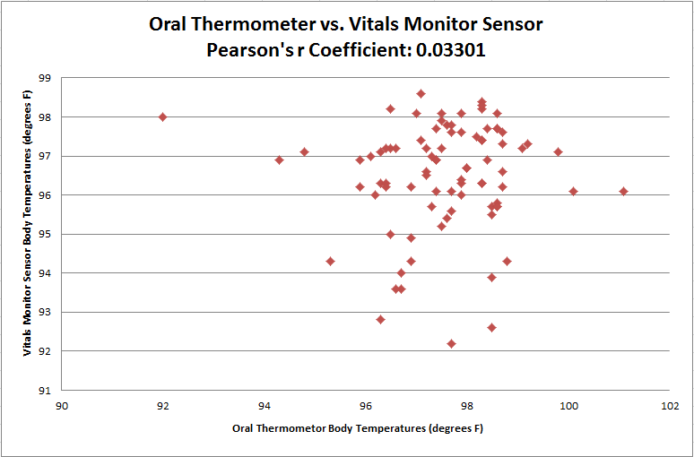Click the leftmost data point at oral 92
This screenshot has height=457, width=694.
click(162, 116)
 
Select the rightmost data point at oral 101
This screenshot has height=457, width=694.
click(623, 191)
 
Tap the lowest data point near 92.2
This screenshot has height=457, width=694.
click(451, 343)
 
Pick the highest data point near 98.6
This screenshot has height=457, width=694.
click(421, 93)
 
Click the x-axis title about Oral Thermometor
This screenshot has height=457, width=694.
click(358, 428)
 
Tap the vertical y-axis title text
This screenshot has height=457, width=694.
click(28, 233)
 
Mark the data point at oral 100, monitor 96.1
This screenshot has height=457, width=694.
click(573, 191)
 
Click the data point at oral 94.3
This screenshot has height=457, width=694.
click(279, 160)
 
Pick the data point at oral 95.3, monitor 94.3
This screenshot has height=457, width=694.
click(330, 261)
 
